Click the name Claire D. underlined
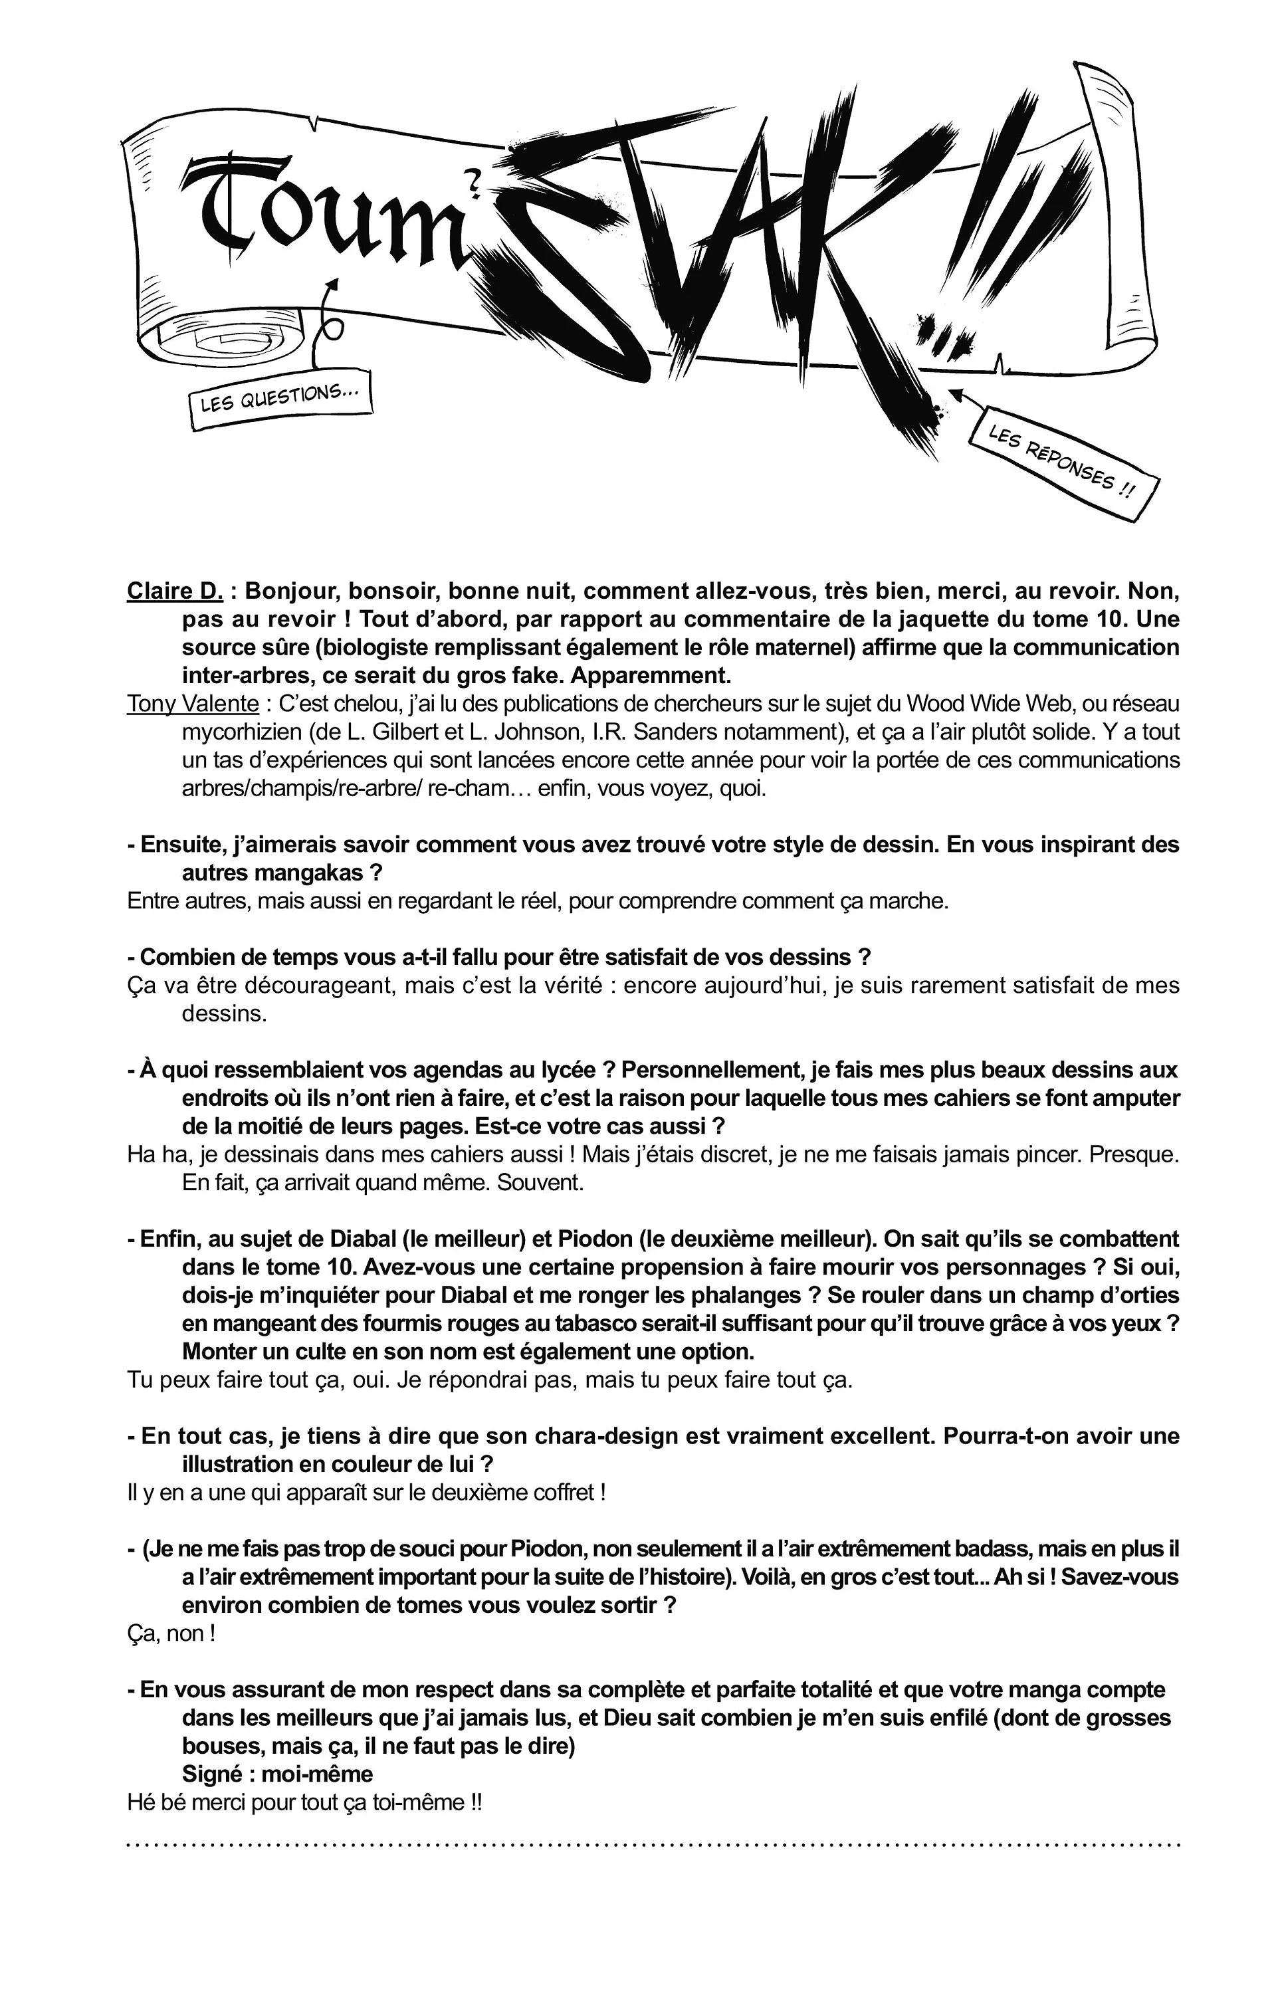(175, 591)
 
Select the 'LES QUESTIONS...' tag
(278, 399)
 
